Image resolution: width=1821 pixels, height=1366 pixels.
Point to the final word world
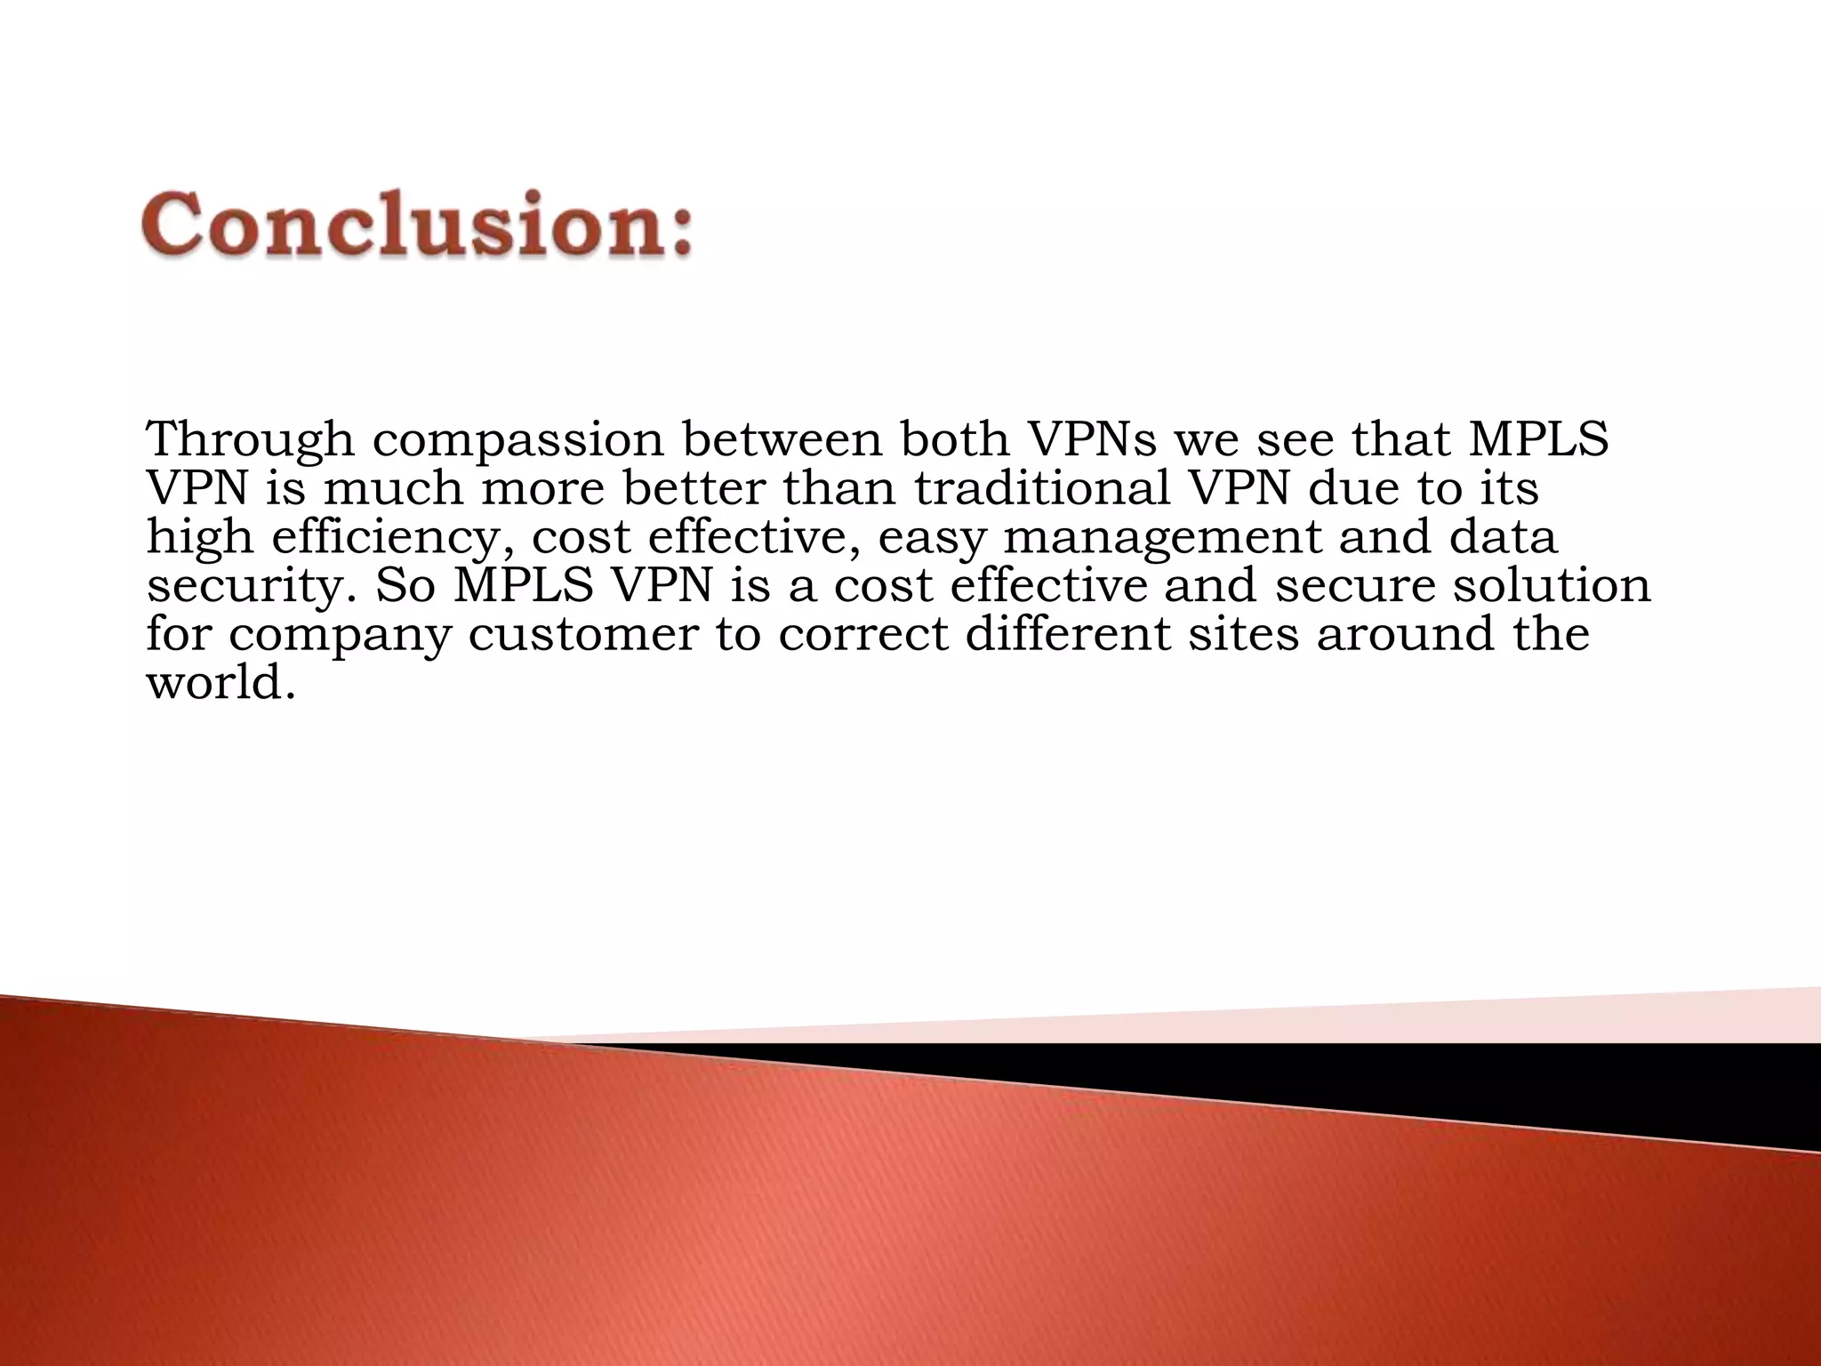[219, 684]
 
